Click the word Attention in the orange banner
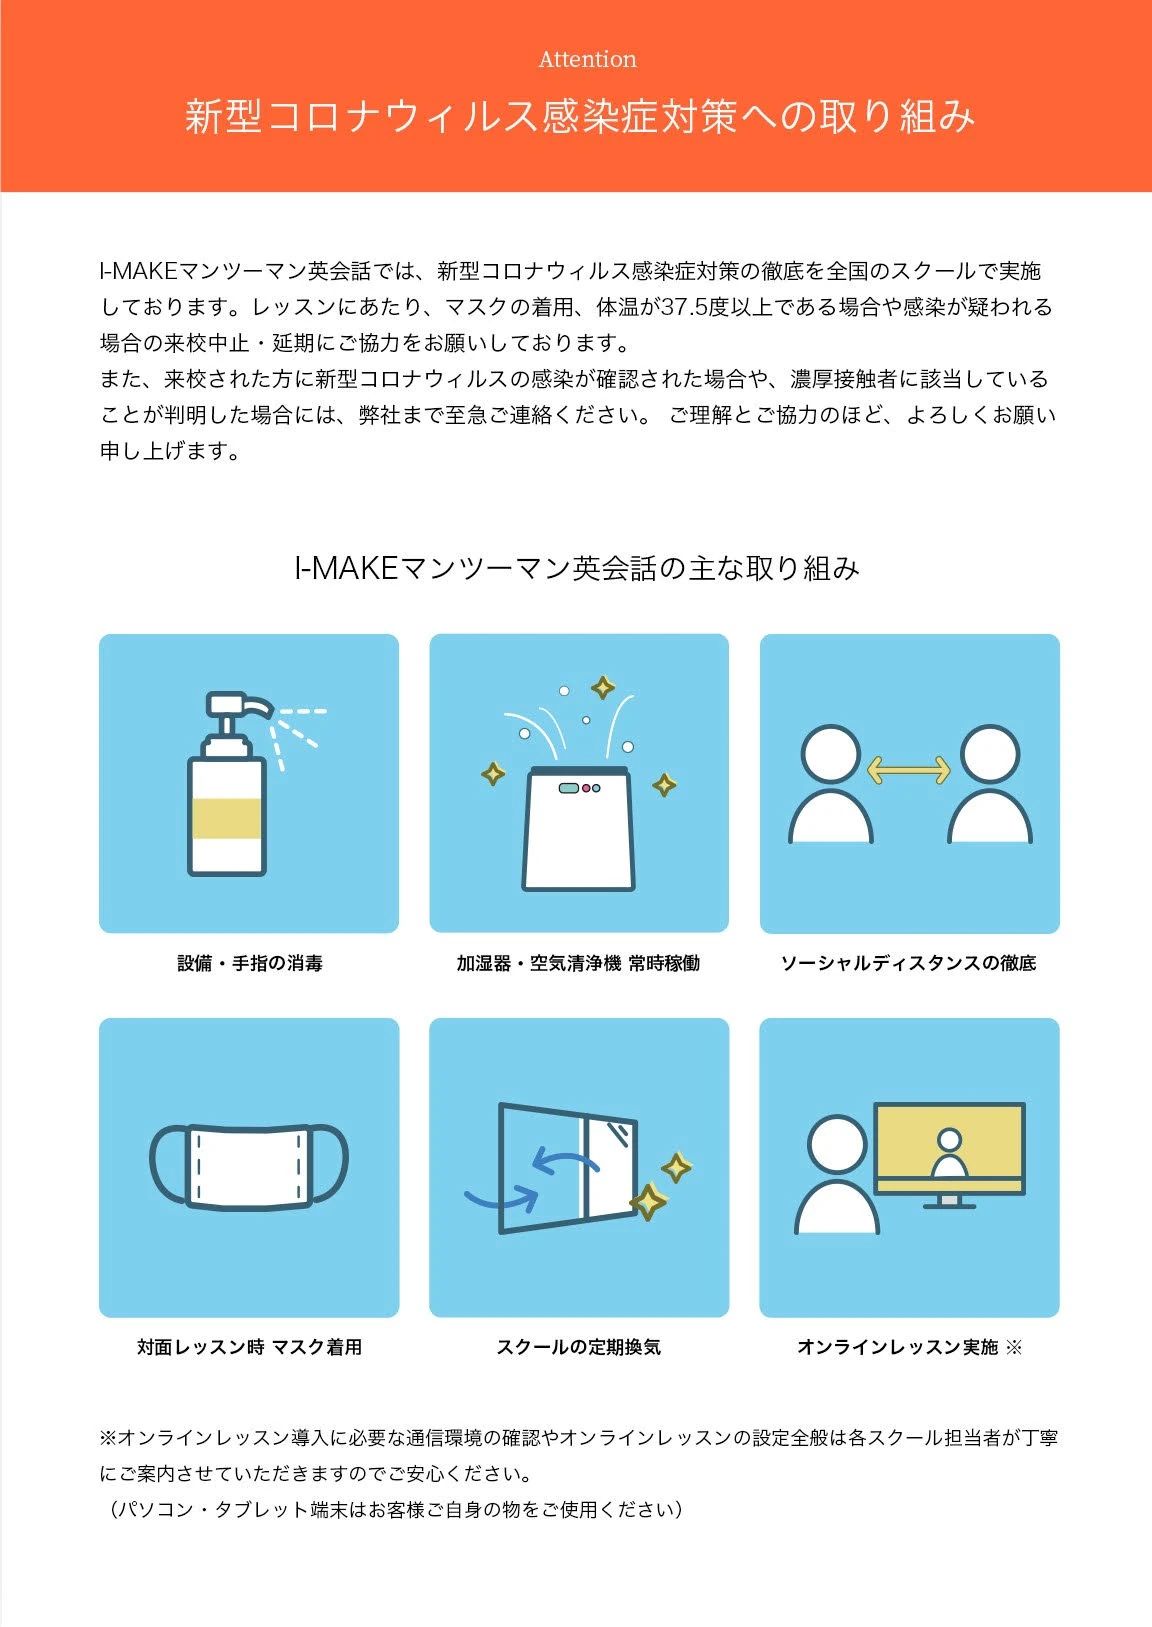[587, 59]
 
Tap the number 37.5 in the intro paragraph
[683, 307]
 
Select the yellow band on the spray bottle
[227, 818]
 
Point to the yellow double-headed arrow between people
[908, 769]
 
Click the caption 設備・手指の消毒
[249, 963]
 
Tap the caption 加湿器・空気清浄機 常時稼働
[578, 963]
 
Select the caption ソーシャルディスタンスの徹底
[908, 963]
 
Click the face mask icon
[249, 1166]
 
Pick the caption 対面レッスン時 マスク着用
[249, 1347]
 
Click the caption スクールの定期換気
[578, 1347]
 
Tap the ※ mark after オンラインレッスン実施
[1014, 1347]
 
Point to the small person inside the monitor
[949, 1155]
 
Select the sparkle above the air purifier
[602, 687]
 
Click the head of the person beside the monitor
[837, 1143]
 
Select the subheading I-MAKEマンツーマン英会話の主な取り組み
[576, 568]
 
